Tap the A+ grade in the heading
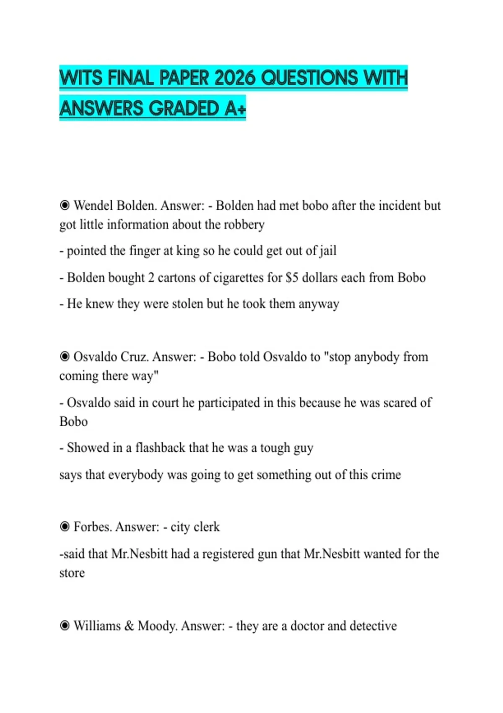235,109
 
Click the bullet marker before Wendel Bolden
65,206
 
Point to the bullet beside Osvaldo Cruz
65,357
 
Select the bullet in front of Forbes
65,527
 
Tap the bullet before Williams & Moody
65,626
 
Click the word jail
328,251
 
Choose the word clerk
207,527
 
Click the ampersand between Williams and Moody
129,626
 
